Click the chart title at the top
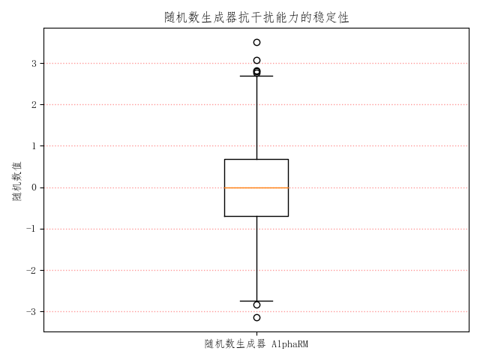tap(256, 17)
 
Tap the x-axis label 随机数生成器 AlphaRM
tap(256, 344)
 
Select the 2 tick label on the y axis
tap(34, 105)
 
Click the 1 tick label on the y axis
tap(34, 146)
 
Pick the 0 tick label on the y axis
tap(34, 187)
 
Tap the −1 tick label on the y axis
tap(31, 229)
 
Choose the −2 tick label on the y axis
tap(31, 270)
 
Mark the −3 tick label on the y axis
tap(31, 311)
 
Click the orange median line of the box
tap(256, 187)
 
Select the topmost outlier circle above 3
tap(256, 42)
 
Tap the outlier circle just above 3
tap(256, 60)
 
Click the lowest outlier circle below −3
tap(256, 317)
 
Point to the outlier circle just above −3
tap(256, 304)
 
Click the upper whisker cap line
tap(256, 76)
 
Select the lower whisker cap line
tap(256, 301)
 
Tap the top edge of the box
tap(256, 159)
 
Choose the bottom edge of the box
tap(256, 216)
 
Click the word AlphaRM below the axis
tap(289, 344)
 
